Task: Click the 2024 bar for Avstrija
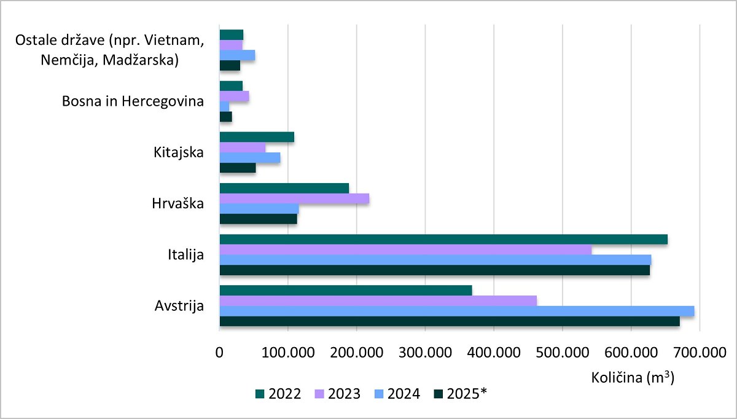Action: (457, 311)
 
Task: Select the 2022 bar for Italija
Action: (443, 240)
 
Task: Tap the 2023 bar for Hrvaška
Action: (294, 198)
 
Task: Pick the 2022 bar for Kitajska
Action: (257, 137)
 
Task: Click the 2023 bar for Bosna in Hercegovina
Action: (234, 96)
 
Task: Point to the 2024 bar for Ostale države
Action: (237, 55)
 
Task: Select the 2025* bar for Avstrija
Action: (450, 321)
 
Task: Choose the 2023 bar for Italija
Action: (405, 250)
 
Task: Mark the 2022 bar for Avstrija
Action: (346, 291)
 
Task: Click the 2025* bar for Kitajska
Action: (238, 168)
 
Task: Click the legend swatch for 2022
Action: (259, 394)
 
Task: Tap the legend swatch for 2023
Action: (319, 394)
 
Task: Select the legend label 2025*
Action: (467, 394)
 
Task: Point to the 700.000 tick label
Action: (700, 353)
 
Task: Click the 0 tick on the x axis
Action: (219, 353)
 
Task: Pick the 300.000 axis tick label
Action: (426, 353)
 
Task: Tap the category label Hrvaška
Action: (179, 203)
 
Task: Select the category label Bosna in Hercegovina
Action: (133, 101)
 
